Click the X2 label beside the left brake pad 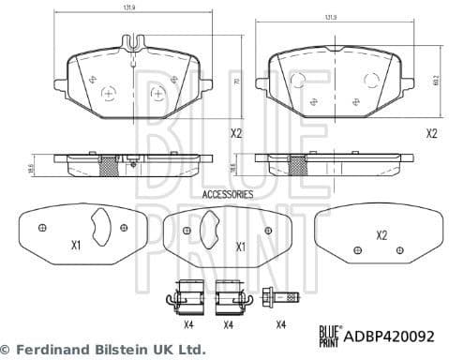tap(236, 134)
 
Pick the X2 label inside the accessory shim tap(382, 235)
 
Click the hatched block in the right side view tap(299, 165)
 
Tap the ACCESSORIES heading tap(228, 194)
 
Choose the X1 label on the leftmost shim tap(76, 246)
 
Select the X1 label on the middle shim tap(240, 247)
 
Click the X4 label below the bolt tap(280, 324)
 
